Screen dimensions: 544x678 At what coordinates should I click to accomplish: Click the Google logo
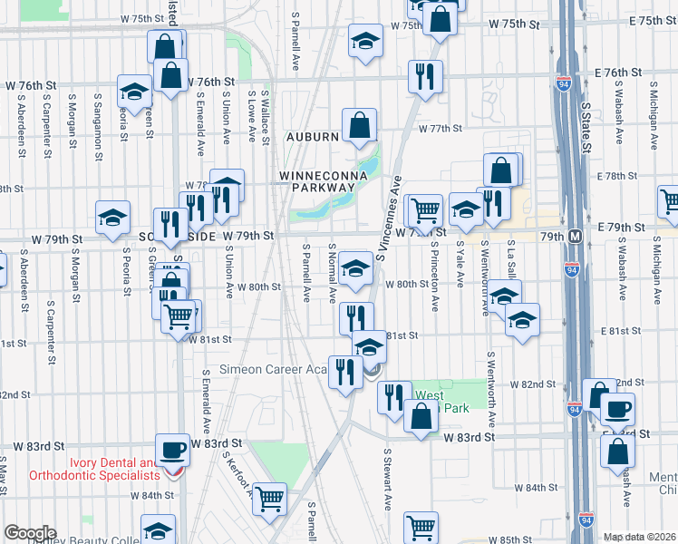point(30,533)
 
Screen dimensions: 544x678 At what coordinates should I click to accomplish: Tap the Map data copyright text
point(640,537)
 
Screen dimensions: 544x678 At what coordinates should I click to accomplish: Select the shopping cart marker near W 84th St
point(270,499)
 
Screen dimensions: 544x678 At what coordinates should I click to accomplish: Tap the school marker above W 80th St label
point(356,269)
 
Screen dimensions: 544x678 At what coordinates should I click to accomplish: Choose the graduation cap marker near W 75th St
point(365,41)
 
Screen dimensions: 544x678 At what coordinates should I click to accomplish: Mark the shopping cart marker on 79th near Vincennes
point(424,210)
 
